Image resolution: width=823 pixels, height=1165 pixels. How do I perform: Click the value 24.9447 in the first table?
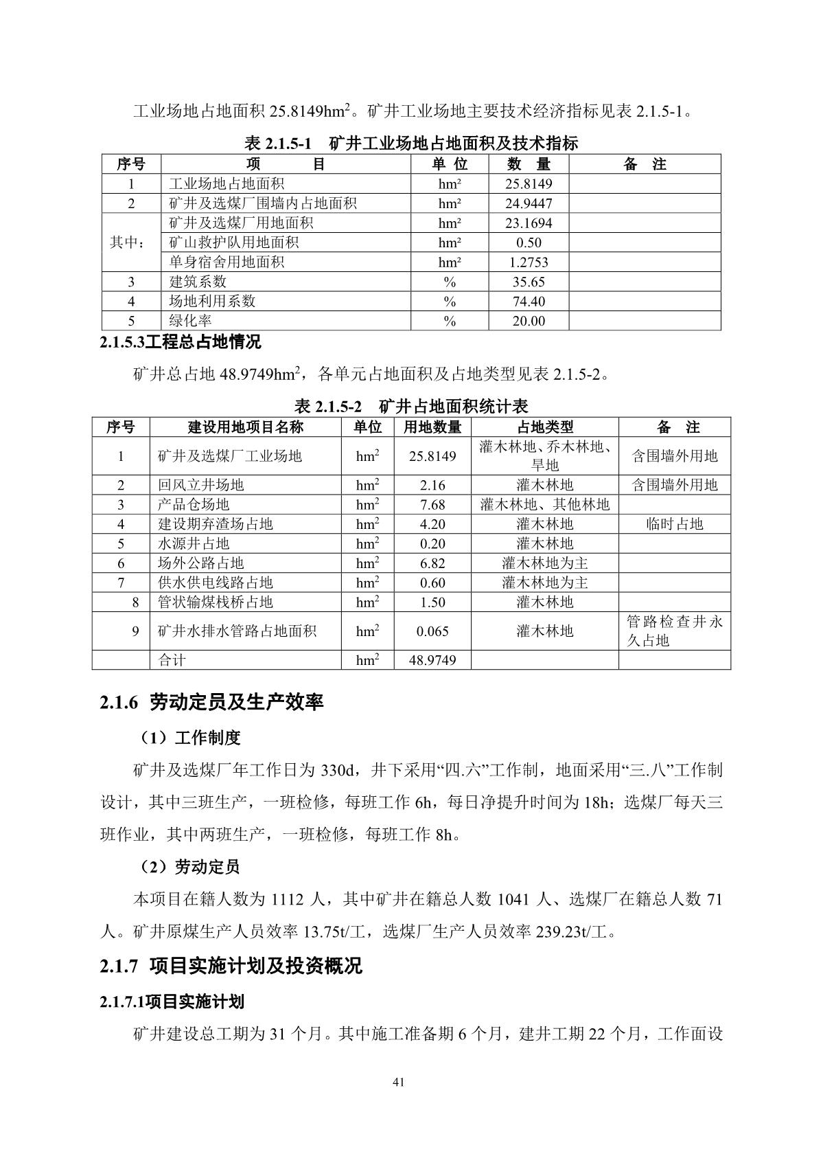point(528,203)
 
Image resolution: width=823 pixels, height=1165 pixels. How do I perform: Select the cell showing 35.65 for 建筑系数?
point(528,282)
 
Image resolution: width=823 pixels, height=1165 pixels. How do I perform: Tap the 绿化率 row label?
point(191,321)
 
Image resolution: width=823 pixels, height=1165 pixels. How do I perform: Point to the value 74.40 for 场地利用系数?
point(528,301)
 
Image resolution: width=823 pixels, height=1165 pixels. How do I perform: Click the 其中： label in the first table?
point(130,242)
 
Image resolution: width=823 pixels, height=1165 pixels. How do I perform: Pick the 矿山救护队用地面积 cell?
point(234,242)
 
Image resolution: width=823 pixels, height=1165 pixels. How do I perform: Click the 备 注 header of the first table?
point(645,164)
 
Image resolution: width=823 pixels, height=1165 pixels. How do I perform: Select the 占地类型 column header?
point(544,427)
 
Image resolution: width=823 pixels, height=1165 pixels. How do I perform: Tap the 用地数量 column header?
point(432,427)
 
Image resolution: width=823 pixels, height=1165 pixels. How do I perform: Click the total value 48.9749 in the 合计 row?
point(432,660)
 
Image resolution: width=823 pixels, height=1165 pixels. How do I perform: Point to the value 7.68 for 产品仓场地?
point(432,504)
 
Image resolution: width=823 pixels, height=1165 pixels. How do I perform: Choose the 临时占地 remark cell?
point(674,524)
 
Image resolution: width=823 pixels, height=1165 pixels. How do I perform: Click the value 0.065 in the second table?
point(432,631)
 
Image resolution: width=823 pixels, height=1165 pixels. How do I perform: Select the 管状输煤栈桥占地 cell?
point(216,602)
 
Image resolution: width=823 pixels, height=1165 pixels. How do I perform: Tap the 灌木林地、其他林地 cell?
point(544,504)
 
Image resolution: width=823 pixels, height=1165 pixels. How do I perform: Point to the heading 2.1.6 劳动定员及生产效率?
point(211,702)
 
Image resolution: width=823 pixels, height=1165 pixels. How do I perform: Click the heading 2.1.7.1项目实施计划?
point(172,1002)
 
